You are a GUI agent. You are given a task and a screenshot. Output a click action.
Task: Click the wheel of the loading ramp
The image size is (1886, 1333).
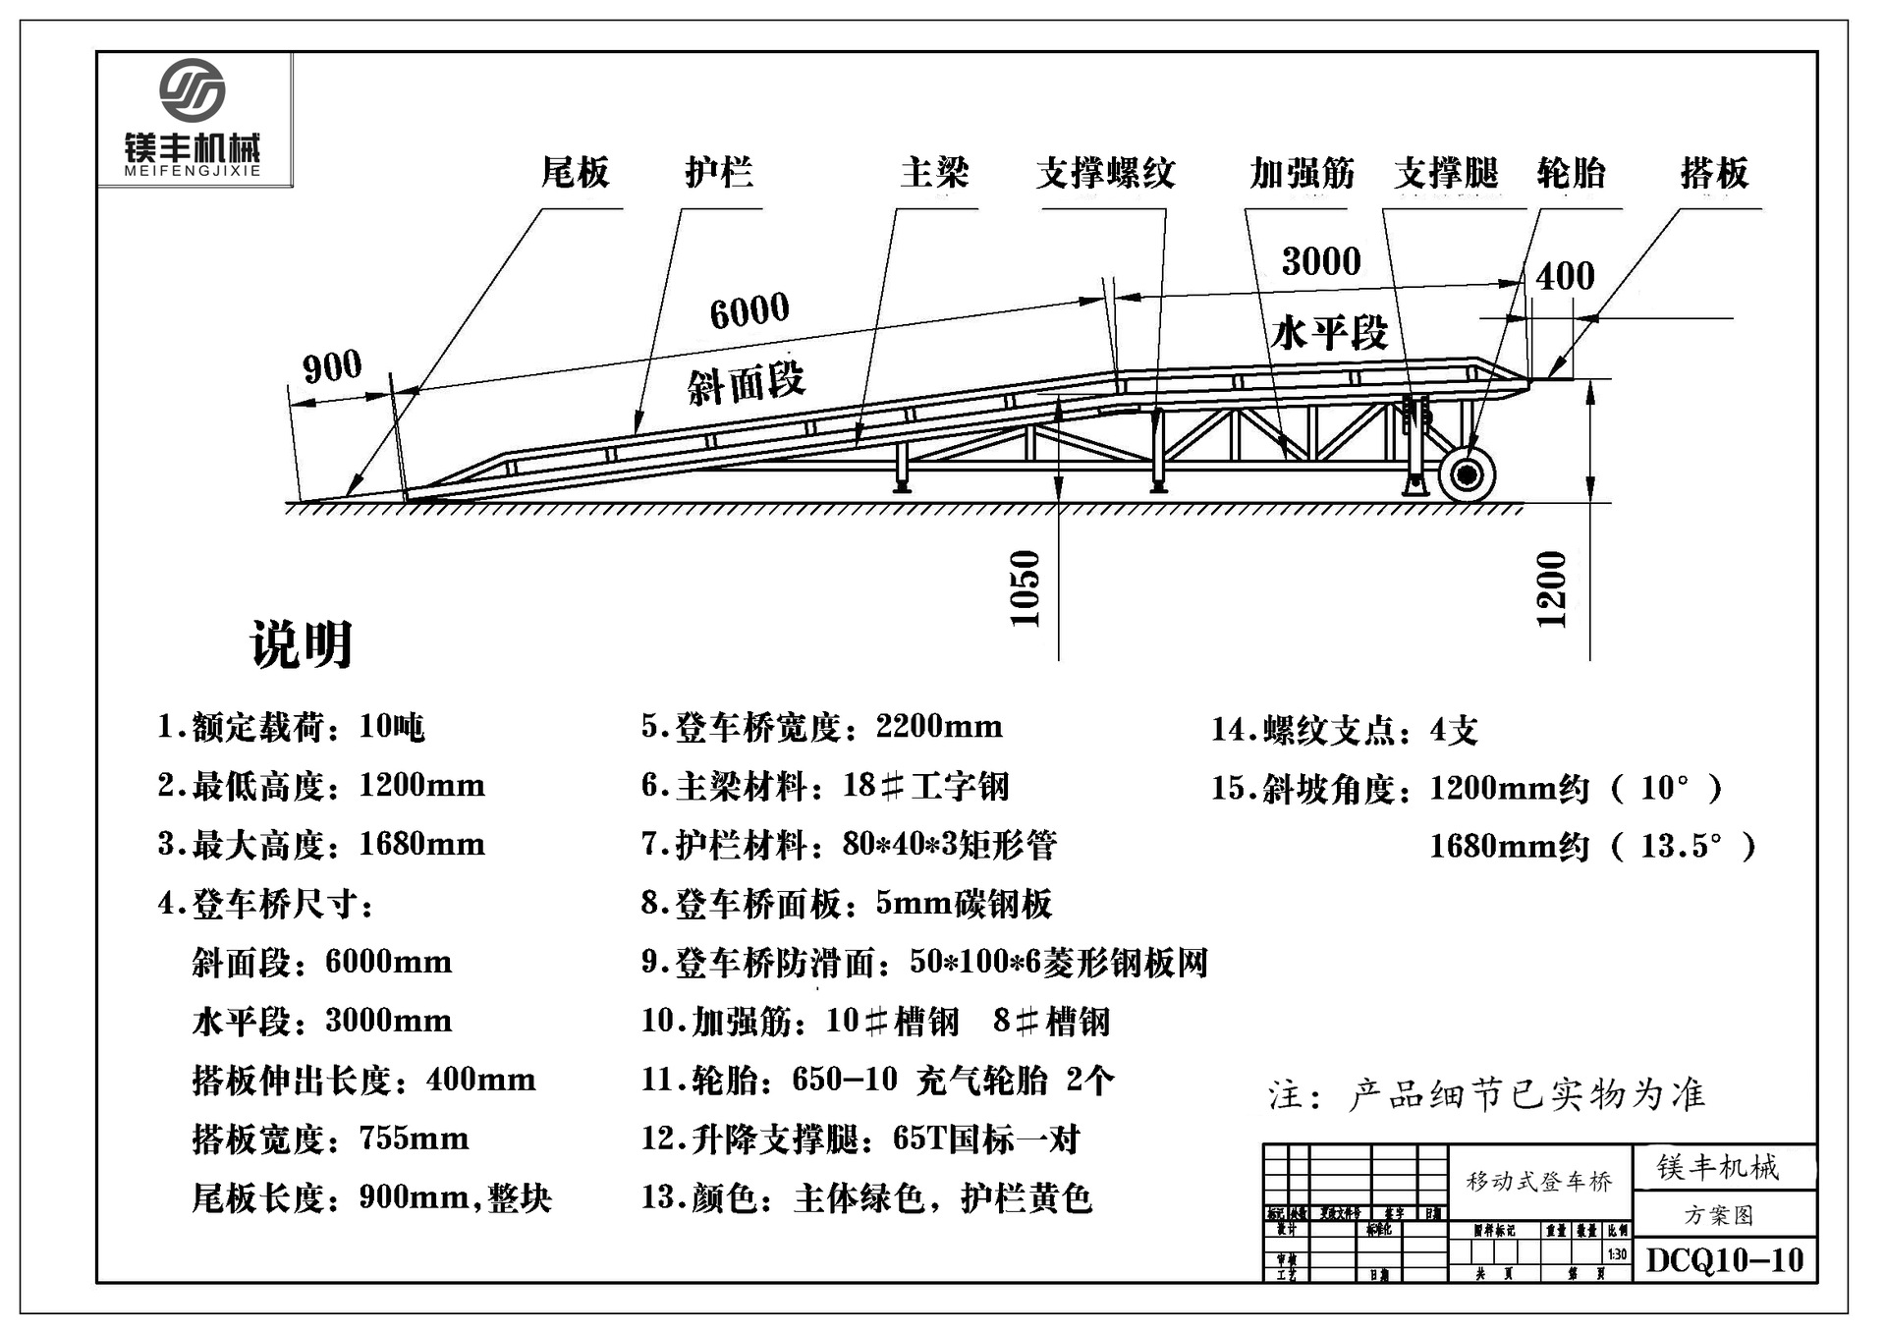coord(1467,475)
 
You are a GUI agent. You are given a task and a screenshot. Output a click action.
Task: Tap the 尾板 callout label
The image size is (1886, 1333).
coord(576,173)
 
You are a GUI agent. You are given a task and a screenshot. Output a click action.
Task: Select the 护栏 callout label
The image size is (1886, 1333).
coord(719,173)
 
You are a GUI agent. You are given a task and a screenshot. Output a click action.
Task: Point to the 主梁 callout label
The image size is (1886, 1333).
coord(934,173)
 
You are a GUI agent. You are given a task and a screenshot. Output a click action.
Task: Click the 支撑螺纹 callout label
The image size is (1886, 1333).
coord(1105,173)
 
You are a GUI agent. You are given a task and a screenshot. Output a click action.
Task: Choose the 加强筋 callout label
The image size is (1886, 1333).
coord(1302,173)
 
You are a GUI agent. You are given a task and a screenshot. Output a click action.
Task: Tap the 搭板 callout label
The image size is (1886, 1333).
coord(1714,173)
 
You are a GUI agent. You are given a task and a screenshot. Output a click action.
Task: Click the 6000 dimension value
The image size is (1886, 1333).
coord(749,310)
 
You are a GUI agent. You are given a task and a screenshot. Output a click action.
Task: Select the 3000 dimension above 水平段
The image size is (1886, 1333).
coord(1321,261)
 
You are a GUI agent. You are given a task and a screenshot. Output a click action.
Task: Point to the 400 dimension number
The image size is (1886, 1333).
coord(1565,276)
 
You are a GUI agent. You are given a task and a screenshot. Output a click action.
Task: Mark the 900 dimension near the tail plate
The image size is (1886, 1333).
coord(332,367)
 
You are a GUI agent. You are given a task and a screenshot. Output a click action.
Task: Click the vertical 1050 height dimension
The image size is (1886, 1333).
coord(1025,587)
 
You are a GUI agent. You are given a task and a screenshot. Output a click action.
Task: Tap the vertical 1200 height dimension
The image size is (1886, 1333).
coord(1551,588)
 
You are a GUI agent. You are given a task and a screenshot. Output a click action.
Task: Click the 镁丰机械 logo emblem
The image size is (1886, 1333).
coord(193,89)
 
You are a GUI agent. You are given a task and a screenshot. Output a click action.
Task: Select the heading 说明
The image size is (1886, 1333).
coord(302,644)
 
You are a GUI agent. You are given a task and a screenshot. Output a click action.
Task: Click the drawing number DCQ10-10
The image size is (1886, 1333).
coord(1725,1260)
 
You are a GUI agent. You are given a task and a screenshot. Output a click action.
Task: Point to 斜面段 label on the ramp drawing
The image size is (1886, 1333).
coord(747,382)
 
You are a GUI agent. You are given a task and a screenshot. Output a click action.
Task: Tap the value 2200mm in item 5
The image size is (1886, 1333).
coord(939,727)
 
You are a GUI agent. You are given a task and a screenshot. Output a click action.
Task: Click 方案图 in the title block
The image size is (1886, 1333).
coord(1719,1215)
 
